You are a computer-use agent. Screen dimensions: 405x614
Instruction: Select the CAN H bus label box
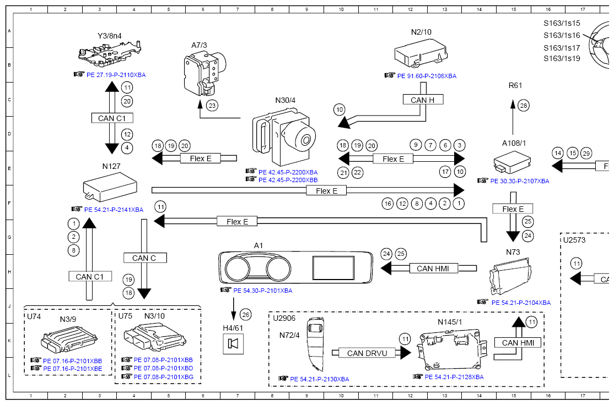point(423,100)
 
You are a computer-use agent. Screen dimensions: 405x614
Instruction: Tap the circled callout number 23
point(212,104)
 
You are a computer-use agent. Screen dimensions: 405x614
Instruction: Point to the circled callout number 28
point(523,105)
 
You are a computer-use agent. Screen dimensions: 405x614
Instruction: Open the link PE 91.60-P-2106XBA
point(427,76)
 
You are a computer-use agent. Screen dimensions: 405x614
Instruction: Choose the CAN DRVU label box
point(367,353)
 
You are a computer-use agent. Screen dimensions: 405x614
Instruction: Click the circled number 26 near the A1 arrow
point(246,315)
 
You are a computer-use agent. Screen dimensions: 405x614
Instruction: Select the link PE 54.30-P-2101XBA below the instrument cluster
point(262,290)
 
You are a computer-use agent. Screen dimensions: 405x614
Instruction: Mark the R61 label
point(515,85)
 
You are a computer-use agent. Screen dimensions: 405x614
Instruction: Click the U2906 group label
point(284,318)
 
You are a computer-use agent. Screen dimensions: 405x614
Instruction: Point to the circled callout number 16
point(387,204)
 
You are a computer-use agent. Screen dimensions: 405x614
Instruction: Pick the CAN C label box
point(144,258)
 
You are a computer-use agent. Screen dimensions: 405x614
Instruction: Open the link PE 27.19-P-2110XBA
point(116,74)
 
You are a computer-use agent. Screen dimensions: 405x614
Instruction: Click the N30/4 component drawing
point(284,136)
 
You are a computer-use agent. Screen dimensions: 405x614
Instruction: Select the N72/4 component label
point(289,335)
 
